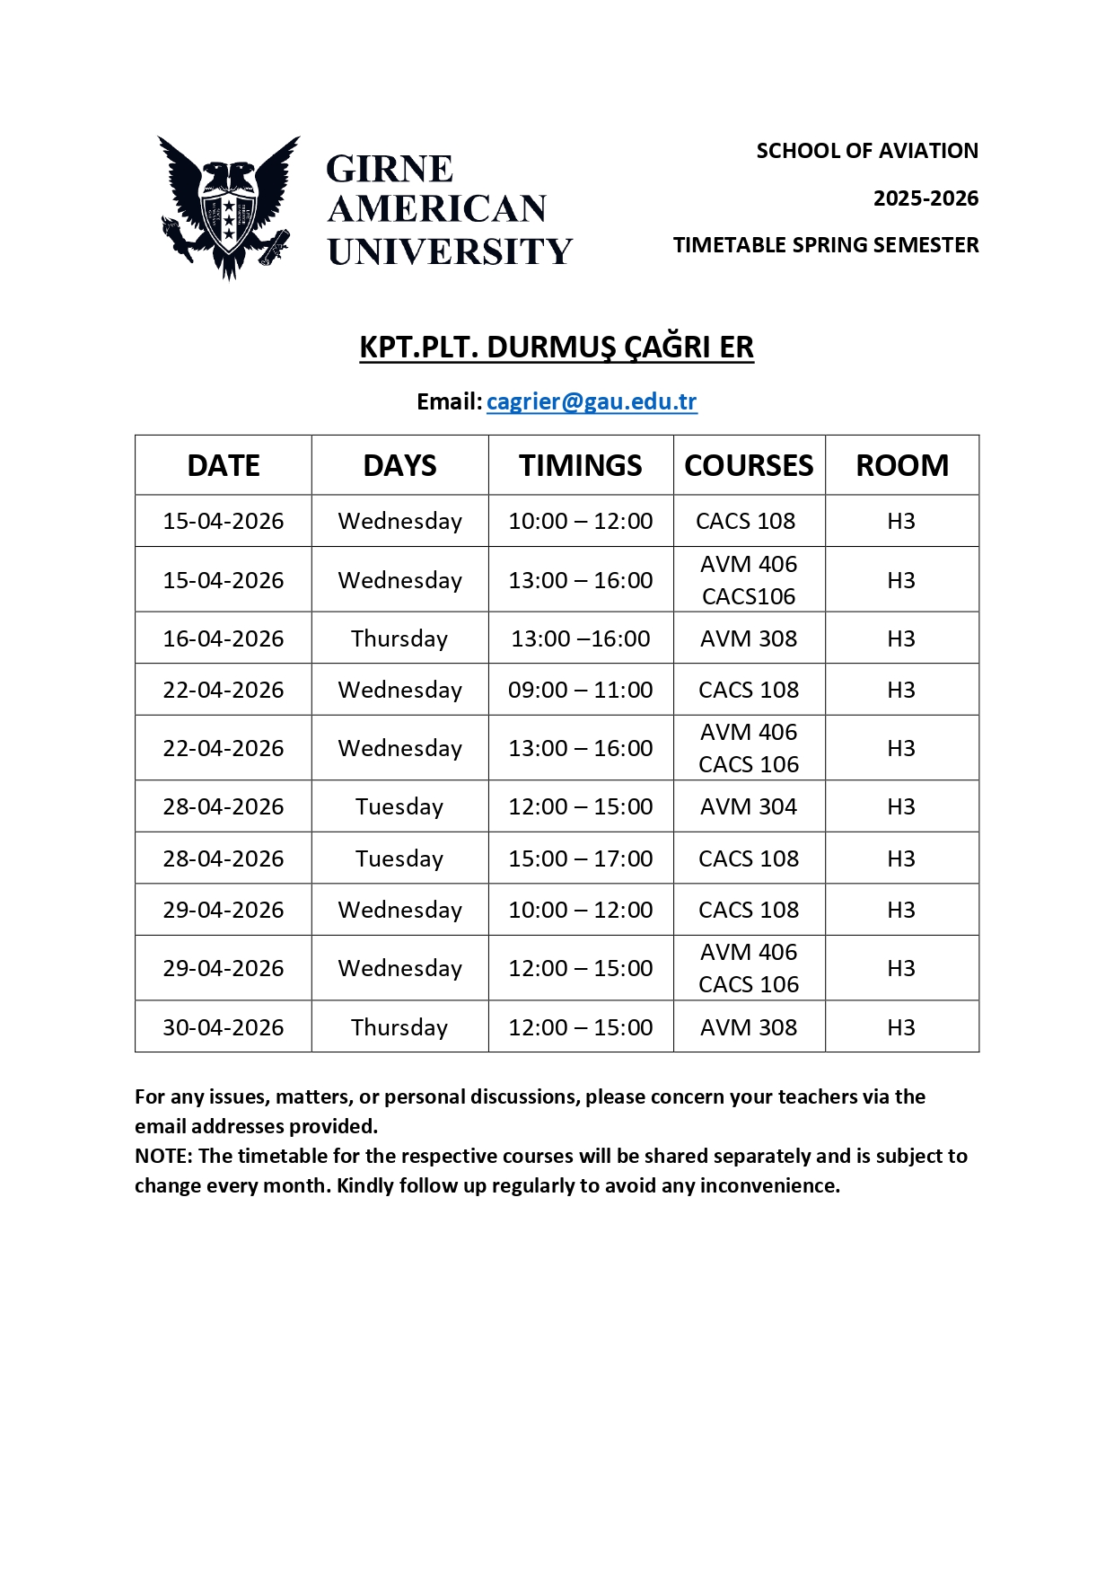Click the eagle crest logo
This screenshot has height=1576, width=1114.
(229, 207)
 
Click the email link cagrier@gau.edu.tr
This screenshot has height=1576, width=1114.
(591, 401)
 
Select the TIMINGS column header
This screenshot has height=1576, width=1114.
(580, 465)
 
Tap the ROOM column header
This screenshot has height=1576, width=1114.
(901, 465)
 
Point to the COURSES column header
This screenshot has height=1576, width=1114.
(749, 465)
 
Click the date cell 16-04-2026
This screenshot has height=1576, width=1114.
(223, 638)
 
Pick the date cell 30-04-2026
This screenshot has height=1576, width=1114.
(223, 1027)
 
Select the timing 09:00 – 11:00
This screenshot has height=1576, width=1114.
(580, 690)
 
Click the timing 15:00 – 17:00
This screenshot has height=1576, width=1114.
(580, 858)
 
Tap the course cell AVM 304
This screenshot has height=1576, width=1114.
(748, 806)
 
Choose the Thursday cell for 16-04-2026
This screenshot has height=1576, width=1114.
(399, 638)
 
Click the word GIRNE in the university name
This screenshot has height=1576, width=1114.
(390, 169)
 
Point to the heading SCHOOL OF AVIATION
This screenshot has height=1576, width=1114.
(866, 151)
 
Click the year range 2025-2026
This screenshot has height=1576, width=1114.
(925, 198)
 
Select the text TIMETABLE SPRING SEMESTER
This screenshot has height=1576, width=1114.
(826, 245)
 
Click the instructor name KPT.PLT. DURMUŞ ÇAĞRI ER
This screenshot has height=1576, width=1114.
(557, 347)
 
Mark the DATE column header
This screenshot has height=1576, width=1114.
(223, 465)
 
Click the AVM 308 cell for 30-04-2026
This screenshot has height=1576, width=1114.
(748, 1027)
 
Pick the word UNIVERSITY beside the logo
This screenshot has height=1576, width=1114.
(449, 251)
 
